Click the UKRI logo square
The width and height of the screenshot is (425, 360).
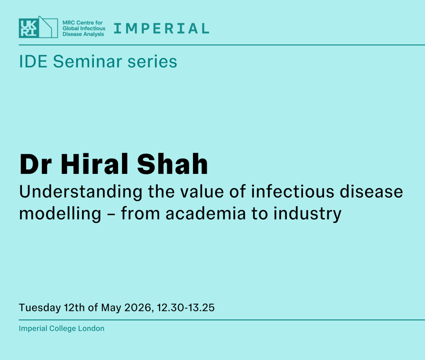click(29, 28)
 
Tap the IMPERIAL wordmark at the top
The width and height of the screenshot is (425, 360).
click(161, 29)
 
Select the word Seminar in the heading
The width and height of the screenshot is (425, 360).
click(88, 61)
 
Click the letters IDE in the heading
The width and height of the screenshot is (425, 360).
click(33, 61)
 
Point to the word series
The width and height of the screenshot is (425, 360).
click(152, 61)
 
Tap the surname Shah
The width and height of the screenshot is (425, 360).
click(172, 164)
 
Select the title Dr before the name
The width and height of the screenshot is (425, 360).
click(35, 164)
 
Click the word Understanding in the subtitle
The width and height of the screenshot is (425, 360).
click(81, 192)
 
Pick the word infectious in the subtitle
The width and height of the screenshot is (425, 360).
click(293, 191)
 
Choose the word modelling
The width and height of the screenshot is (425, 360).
click(60, 214)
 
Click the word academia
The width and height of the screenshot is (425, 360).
click(206, 213)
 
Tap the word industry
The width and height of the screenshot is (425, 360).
click(307, 214)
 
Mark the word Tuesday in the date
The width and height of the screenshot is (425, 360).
click(40, 308)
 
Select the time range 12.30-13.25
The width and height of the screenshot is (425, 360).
click(186, 308)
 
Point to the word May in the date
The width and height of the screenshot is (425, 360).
click(111, 308)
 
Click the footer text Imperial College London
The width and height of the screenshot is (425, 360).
click(61, 328)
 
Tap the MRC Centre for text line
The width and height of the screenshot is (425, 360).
click(83, 22)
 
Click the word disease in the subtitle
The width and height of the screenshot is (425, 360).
click(371, 191)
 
